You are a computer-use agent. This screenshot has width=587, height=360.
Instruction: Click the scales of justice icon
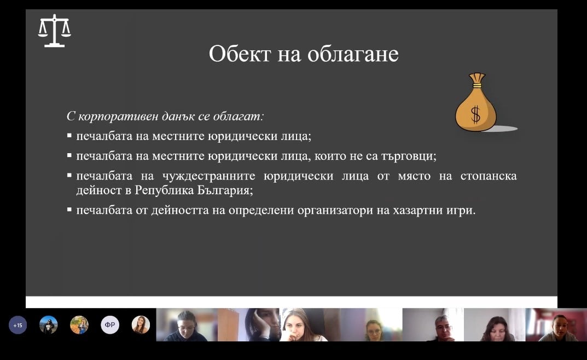coord(54,31)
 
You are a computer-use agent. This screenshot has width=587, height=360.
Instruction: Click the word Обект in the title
coord(240,54)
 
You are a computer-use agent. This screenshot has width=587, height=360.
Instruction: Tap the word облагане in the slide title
coord(353,54)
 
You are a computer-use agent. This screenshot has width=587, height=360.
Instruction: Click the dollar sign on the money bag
coord(475,114)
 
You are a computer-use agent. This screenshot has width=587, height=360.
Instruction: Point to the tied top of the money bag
coord(477,79)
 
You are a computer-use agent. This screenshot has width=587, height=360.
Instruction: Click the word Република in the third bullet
coord(164,190)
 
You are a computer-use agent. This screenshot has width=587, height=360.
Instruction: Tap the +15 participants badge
coord(18,325)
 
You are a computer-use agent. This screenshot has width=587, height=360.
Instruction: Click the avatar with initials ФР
coord(110,325)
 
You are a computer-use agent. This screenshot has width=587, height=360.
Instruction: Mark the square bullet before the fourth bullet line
coord(69,210)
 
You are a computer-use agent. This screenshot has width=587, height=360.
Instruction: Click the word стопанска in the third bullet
coord(489,176)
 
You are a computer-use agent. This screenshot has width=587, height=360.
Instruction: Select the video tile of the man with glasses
coord(433,324)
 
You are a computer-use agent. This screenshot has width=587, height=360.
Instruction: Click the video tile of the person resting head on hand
coord(248,324)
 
